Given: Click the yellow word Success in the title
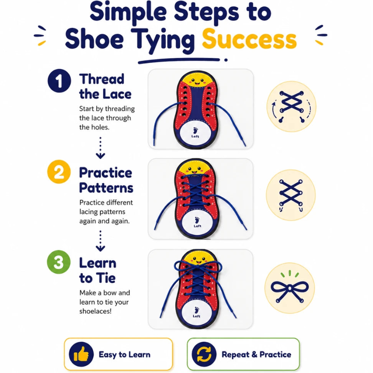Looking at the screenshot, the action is click(249, 39).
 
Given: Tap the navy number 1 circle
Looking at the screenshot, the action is click(59, 81).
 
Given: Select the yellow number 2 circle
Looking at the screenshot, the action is click(59, 172).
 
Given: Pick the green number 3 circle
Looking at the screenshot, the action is click(59, 262).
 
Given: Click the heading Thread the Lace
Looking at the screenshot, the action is click(105, 86).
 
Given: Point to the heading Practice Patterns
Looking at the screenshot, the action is click(106, 180).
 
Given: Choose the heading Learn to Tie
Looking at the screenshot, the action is click(98, 271).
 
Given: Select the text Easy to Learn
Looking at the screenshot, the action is click(125, 355).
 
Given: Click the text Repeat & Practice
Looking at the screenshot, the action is click(256, 355).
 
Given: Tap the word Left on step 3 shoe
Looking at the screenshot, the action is click(196, 316).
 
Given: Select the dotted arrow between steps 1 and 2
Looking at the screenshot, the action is click(101, 148).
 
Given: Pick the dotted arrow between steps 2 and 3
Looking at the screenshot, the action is click(101, 241).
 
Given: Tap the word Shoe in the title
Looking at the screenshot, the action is click(94, 39).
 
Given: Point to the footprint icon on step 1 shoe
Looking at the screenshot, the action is click(196, 130).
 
